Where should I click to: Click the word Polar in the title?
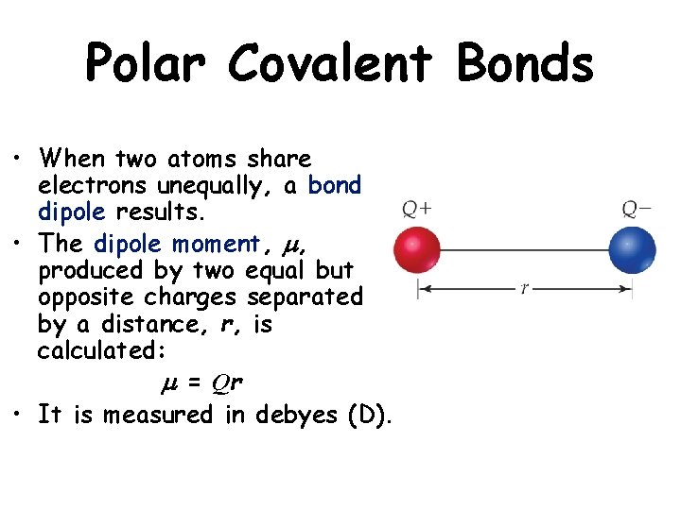click(147, 64)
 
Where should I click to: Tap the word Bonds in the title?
click(524, 64)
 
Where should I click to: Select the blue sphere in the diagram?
click(634, 250)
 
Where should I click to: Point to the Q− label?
click(636, 209)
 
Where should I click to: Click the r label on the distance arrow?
click(525, 289)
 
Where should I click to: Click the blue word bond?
click(335, 185)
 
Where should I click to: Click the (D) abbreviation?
click(371, 415)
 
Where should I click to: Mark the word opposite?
click(86, 297)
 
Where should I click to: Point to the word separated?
click(305, 297)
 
